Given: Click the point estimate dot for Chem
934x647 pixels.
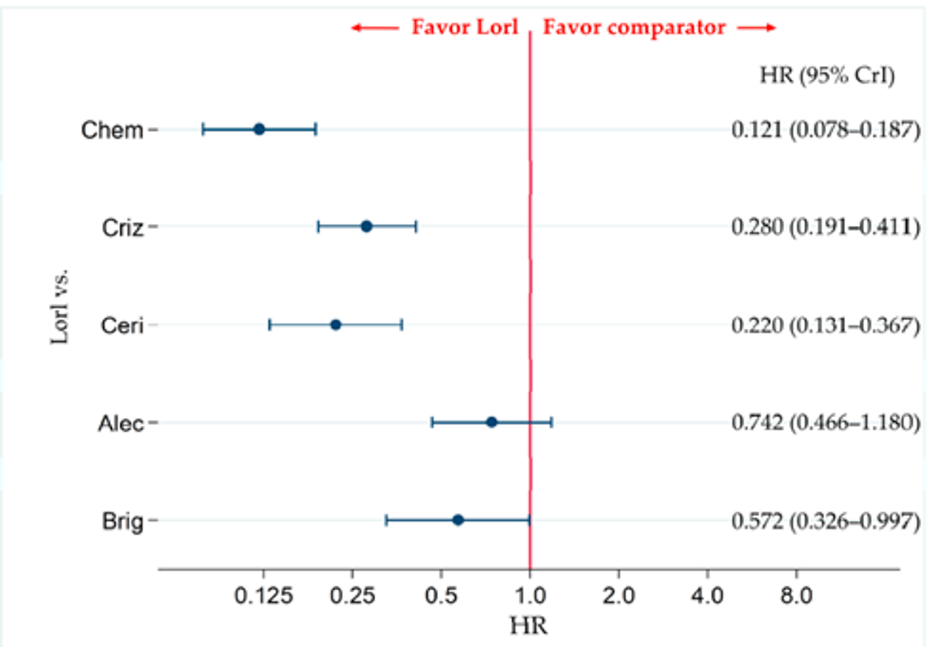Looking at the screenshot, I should coord(259,129).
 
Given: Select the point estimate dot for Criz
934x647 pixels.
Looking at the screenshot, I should coord(366,227).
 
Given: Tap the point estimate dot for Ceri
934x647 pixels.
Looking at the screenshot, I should coord(335,324).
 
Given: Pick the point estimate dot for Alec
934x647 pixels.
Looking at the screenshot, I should coord(491,422).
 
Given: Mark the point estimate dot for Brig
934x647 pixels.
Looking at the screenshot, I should coord(458,520).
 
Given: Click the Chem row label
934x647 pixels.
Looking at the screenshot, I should coord(112,130).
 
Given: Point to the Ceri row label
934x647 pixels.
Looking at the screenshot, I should coord(122,326).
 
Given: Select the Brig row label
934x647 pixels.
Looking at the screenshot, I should coord(122,521).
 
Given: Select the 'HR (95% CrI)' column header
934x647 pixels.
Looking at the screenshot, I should coord(827,75).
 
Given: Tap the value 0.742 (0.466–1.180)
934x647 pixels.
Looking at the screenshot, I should coord(825,422).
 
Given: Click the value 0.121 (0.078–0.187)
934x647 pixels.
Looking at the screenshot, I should coord(825,130).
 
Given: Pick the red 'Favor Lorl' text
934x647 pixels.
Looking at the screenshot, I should coord(465,27).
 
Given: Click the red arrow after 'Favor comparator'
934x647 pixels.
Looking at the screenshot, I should coord(756,27).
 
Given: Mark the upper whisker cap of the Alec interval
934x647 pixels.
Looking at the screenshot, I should coord(552,422).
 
